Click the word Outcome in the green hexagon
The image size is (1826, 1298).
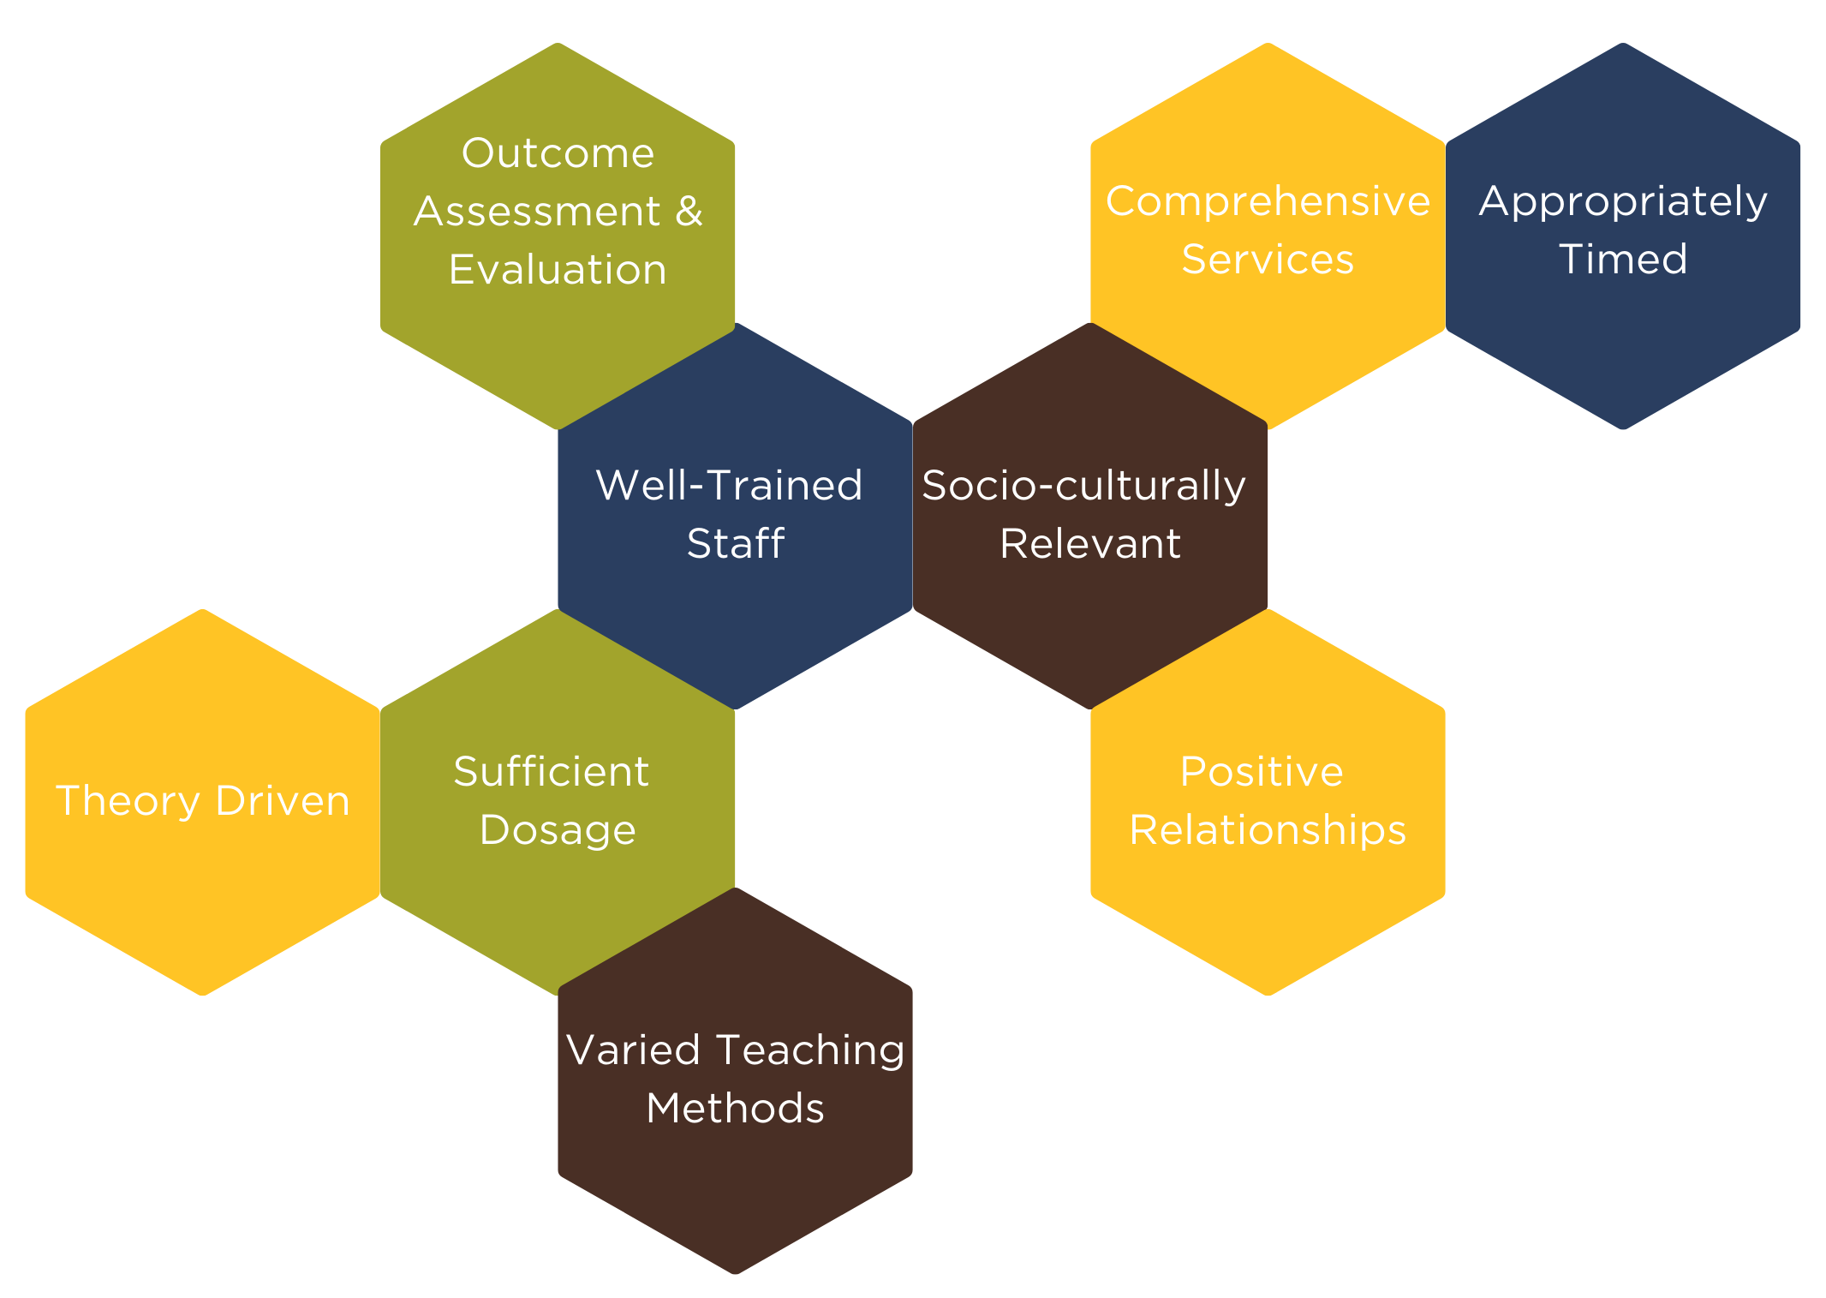coord(558,154)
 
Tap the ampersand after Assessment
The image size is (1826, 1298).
coord(689,212)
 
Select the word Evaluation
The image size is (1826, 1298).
coord(558,270)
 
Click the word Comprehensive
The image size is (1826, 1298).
coord(1268,202)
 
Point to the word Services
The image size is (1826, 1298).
coord(1268,260)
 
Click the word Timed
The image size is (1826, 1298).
coord(1623,260)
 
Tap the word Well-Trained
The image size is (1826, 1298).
coord(729,486)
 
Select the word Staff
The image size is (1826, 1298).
coord(736,544)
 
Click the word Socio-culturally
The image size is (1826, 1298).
coord(1083,487)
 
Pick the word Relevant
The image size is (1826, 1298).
coord(1090,544)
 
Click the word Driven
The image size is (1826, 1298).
coord(283,801)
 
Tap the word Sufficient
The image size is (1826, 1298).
coord(551,772)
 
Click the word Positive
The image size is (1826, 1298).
coord(1262,772)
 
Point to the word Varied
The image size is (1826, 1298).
coord(633,1050)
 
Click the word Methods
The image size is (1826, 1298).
coord(735,1109)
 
